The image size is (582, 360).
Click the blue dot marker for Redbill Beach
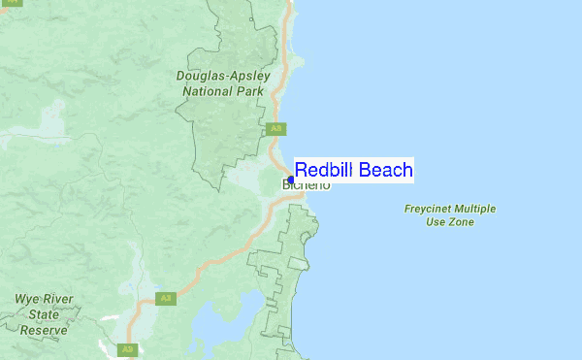[x=291, y=180]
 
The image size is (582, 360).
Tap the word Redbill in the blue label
[x=324, y=170]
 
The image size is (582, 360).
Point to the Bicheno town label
[x=307, y=184]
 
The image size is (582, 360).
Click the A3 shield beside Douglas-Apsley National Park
[x=276, y=128]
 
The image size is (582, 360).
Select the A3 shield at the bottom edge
[x=125, y=349]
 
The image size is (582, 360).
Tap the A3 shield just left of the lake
[x=166, y=298]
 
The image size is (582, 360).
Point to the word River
[x=60, y=300]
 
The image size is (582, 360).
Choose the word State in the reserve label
[x=44, y=314]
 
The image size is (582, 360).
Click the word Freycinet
[x=430, y=209]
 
